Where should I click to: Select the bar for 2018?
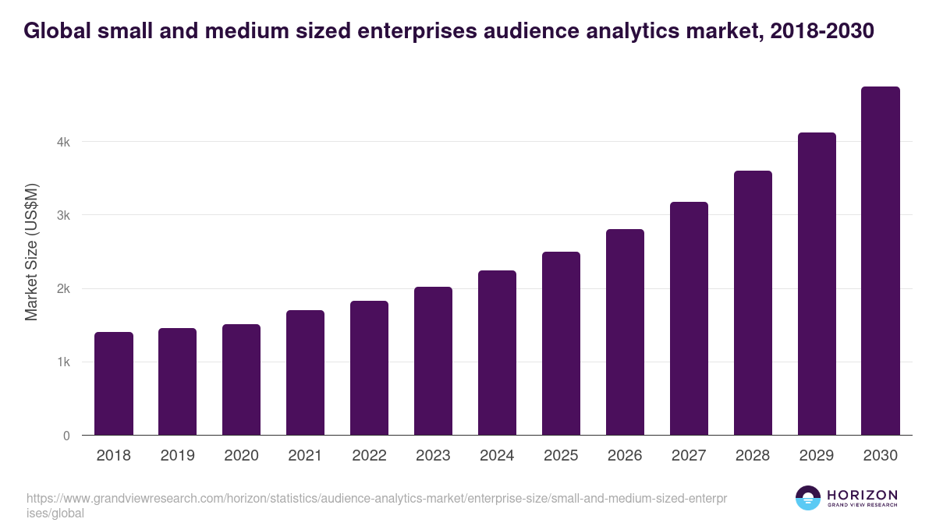tap(114, 383)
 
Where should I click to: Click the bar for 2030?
tap(881, 261)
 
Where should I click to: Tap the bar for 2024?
tap(497, 353)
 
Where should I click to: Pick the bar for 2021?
tap(305, 372)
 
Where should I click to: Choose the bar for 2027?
tap(689, 319)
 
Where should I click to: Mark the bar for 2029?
tap(817, 284)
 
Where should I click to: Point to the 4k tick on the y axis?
tap(63, 143)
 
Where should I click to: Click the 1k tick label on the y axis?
tap(63, 362)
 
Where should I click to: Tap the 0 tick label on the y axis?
tap(66, 436)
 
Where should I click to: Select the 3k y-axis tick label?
tap(63, 216)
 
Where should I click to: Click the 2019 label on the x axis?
tap(178, 456)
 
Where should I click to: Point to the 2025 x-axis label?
tap(561, 456)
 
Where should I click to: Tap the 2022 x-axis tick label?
tap(369, 456)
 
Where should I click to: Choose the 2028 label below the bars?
tap(753, 456)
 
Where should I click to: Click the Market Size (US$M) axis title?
tap(31, 252)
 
